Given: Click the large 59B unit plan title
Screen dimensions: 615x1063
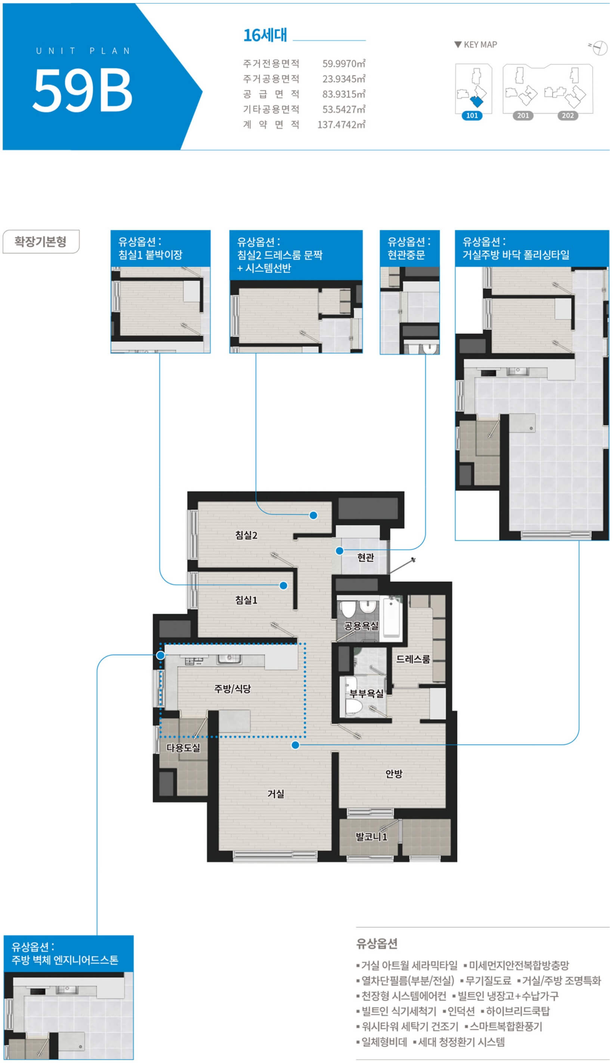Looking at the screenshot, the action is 83,90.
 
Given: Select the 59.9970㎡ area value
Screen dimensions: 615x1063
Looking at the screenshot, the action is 344,64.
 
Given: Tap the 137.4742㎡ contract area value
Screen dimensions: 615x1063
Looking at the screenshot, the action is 341,124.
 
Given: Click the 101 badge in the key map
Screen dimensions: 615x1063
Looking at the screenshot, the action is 472,115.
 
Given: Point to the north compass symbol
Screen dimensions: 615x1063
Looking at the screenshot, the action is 599,48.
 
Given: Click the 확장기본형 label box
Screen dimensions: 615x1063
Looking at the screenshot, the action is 41,241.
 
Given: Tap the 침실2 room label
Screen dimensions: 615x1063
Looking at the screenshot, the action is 246,535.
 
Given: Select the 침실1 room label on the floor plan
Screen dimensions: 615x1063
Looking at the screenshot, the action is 246,600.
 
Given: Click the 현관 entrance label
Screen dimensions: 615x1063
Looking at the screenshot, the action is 365,557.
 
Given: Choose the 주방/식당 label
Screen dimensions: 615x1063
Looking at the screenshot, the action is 232,688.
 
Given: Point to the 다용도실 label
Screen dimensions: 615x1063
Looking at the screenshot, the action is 183,748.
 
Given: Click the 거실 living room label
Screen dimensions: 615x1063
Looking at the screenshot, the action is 276,794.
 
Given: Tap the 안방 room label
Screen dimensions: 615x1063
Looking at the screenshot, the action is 393,773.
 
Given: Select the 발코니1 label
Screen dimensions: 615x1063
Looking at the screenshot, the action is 371,836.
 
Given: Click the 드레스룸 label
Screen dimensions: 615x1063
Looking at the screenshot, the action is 413,659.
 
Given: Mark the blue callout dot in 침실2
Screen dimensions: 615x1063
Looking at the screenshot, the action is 313,515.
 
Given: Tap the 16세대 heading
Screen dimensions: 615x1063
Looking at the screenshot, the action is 265,35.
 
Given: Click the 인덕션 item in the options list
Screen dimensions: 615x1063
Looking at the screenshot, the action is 461,1011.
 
